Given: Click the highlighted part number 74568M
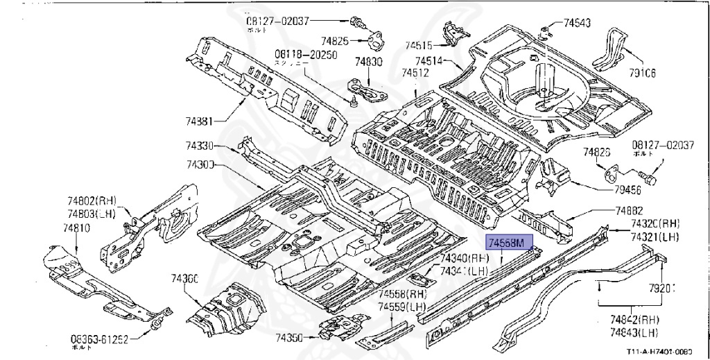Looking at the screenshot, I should [510, 243].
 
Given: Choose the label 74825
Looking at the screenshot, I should [334, 41].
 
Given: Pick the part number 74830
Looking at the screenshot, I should [368, 62].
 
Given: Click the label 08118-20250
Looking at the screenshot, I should [305, 55].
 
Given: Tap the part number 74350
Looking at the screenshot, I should [289, 338].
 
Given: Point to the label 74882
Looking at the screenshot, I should [629, 211].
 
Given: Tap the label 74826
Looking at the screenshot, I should [596, 152].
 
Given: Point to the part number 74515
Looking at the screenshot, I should [418, 46].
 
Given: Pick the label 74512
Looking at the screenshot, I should [415, 72].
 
